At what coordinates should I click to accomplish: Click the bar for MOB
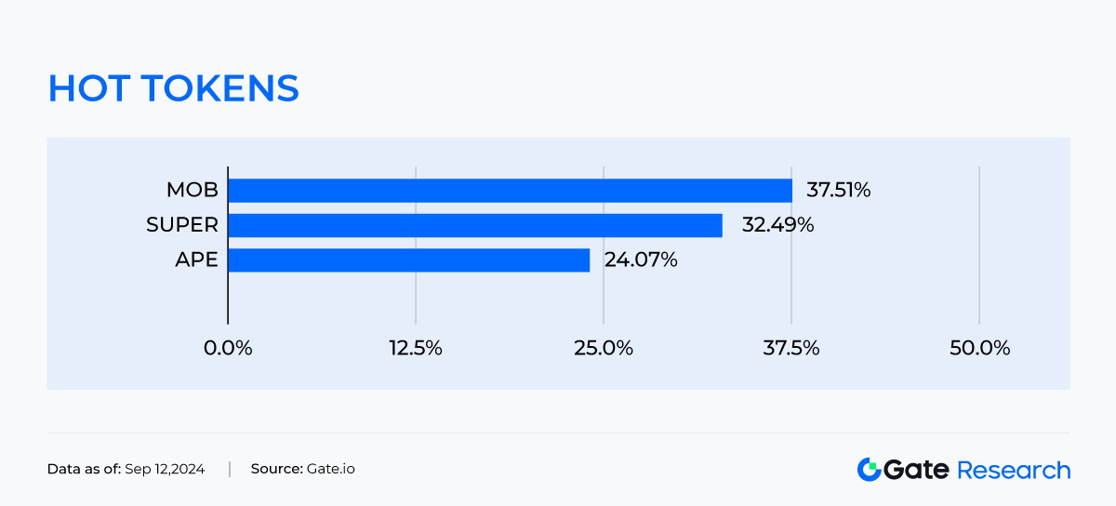coord(510,191)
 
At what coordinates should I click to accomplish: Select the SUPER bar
coord(475,225)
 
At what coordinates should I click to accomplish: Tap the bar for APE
coord(409,260)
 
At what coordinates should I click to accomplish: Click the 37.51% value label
coord(838,191)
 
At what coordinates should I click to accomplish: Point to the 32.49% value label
coord(777,225)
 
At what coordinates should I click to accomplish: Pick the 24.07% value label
coord(641,260)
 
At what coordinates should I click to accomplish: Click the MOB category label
coord(192,191)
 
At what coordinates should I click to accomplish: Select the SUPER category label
coord(182,225)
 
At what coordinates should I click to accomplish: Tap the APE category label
coord(196,260)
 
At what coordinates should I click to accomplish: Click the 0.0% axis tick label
coord(228,348)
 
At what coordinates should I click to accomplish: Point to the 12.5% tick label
coord(416,348)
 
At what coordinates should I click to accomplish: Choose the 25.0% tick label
coord(604,348)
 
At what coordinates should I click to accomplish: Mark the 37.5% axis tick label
coord(791,348)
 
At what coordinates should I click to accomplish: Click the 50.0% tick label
coord(979,348)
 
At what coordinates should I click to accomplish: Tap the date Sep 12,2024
coord(165,469)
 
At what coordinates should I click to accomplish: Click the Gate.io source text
coord(330,469)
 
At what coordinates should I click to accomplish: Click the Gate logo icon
coord(869,470)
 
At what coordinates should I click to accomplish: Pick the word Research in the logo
coord(1014,470)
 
